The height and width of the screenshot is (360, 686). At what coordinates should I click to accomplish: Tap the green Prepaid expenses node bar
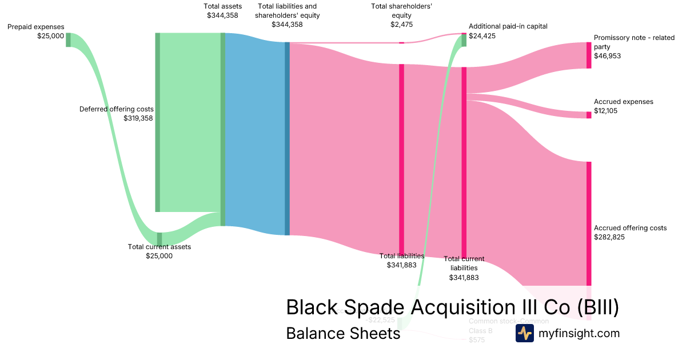[x=68, y=39]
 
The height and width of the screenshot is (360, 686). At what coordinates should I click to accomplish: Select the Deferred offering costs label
[x=116, y=109]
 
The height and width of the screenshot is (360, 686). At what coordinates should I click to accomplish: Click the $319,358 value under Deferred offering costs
[x=138, y=118]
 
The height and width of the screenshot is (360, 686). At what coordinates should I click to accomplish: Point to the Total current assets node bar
[x=159, y=238]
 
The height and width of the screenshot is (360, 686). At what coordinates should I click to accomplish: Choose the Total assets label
[x=222, y=6]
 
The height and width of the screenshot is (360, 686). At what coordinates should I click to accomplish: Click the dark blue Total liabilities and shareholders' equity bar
[x=287, y=138]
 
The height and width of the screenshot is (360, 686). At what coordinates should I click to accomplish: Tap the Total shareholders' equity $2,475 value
[x=401, y=25]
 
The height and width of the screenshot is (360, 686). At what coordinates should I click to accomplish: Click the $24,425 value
[x=482, y=35]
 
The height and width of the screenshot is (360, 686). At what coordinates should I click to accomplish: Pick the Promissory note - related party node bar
[x=589, y=55]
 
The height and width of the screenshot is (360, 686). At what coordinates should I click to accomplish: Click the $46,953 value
[x=607, y=56]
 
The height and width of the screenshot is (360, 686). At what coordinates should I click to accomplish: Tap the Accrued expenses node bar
[x=589, y=115]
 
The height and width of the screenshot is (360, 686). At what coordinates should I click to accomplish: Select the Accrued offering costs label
[x=630, y=228]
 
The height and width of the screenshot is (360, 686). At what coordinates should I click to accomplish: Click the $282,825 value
[x=609, y=237]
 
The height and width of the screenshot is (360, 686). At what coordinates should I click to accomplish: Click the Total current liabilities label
[x=464, y=263]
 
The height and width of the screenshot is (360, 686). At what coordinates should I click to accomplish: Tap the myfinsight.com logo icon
[x=524, y=334]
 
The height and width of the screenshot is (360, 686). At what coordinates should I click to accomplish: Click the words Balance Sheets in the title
[x=343, y=334]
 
